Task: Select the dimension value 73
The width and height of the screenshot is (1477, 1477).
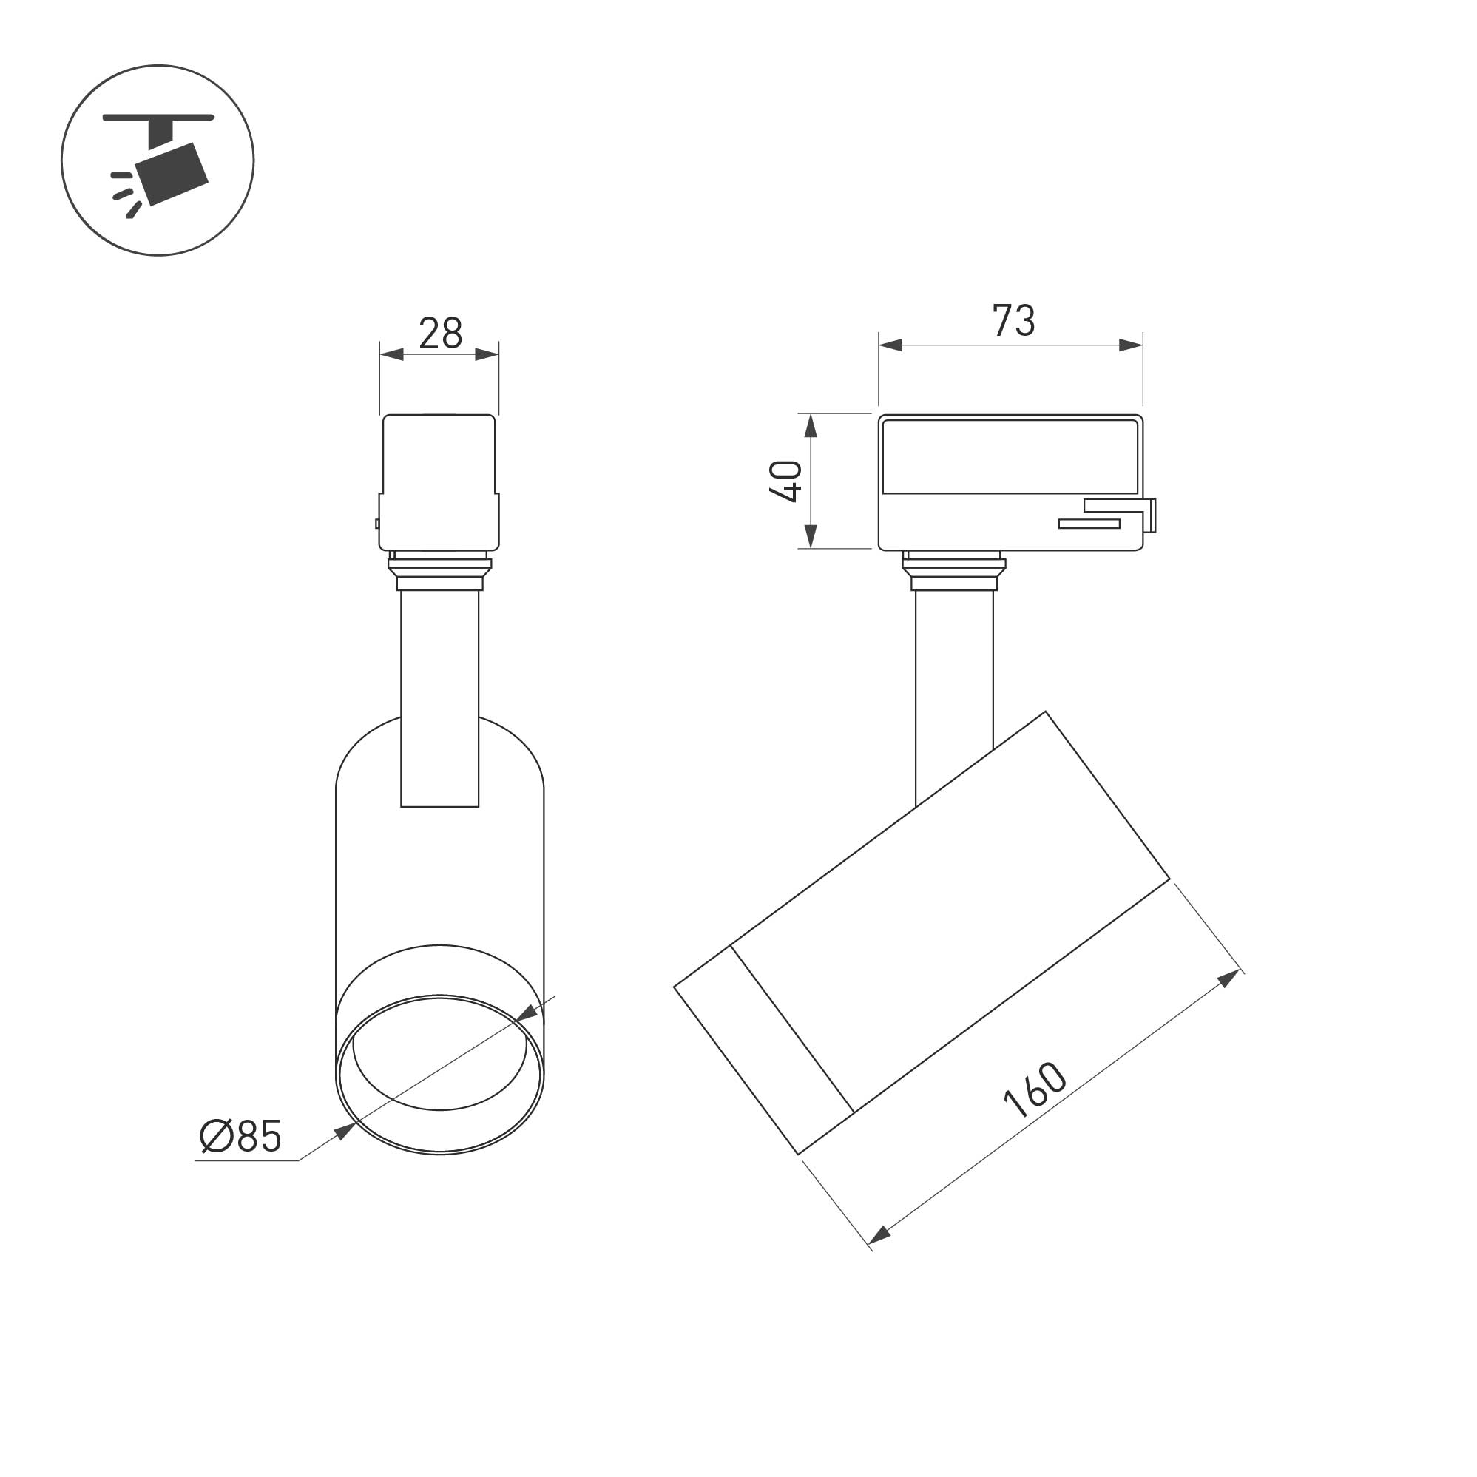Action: coord(1014,320)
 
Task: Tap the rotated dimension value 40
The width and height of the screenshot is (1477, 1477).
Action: coord(786,481)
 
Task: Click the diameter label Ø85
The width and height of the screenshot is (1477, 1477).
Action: coord(241,1136)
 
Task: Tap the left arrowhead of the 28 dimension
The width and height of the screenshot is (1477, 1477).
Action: coord(391,354)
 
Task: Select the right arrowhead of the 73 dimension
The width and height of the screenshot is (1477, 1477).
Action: coord(1131,345)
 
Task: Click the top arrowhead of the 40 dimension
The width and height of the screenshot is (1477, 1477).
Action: coord(811,426)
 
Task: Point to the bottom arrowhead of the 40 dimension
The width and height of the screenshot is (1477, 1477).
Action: coord(811,537)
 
